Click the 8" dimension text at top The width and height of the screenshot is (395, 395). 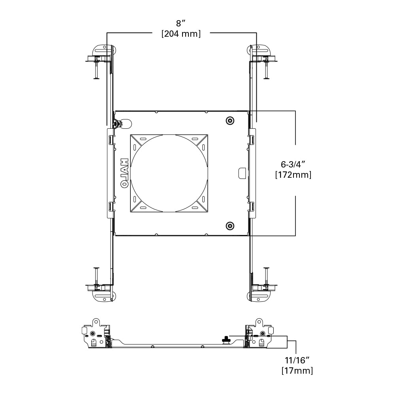point(181,23)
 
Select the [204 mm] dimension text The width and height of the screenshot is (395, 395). point(181,34)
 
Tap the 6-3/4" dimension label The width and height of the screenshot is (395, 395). point(293,164)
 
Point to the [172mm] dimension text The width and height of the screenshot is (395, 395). point(293,175)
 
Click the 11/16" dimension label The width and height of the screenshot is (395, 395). point(297,360)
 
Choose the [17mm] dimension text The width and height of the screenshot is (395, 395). point(297,371)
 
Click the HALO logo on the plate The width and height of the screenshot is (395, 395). point(124,173)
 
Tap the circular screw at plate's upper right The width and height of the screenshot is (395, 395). point(229,120)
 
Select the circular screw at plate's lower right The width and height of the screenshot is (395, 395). point(229,226)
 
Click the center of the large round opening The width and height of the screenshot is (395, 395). point(169,173)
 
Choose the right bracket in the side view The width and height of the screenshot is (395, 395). point(259,334)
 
